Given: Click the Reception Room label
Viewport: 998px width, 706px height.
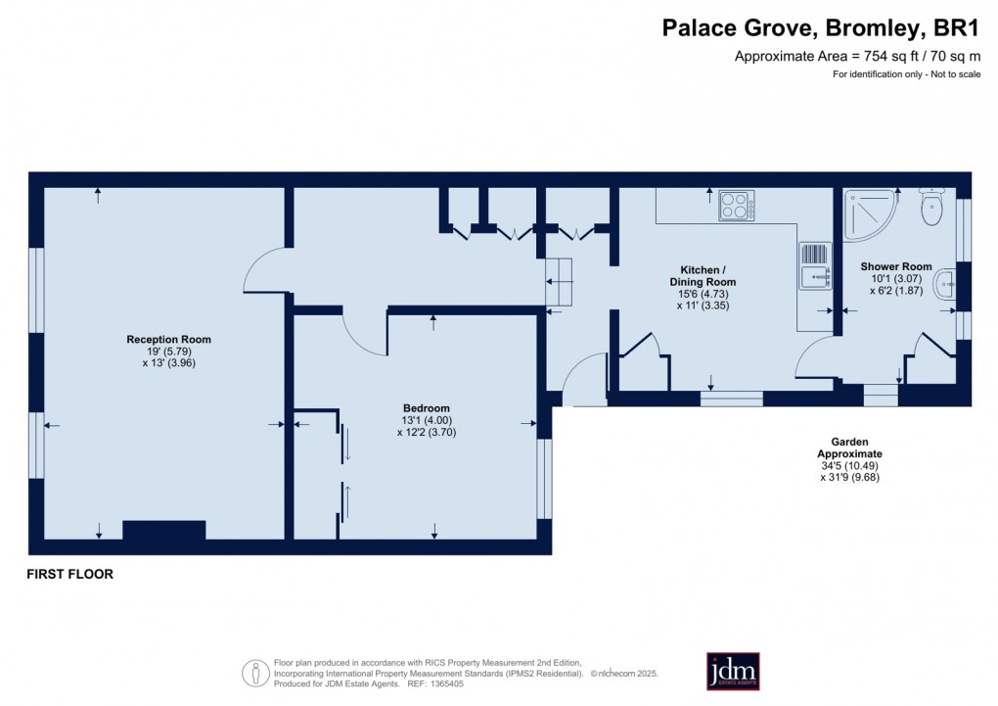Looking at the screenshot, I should tap(168, 340).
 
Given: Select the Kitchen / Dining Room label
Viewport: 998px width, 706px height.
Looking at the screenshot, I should tap(703, 275).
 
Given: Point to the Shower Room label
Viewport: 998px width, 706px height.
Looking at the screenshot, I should tap(895, 266).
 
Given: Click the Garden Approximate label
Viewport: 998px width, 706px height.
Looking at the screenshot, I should tap(849, 448).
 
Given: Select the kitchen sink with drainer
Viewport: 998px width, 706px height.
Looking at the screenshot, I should tap(814, 266).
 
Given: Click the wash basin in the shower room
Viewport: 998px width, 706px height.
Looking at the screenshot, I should tap(945, 285).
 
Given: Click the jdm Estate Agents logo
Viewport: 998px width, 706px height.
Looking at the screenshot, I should tap(733, 671).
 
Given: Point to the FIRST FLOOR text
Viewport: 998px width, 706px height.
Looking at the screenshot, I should tap(69, 575).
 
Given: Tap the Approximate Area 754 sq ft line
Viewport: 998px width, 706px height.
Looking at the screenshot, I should tap(857, 57).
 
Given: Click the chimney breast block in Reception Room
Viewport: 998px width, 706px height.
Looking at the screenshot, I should tap(163, 530).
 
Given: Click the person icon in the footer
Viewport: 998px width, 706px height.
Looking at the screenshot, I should tap(255, 673).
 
